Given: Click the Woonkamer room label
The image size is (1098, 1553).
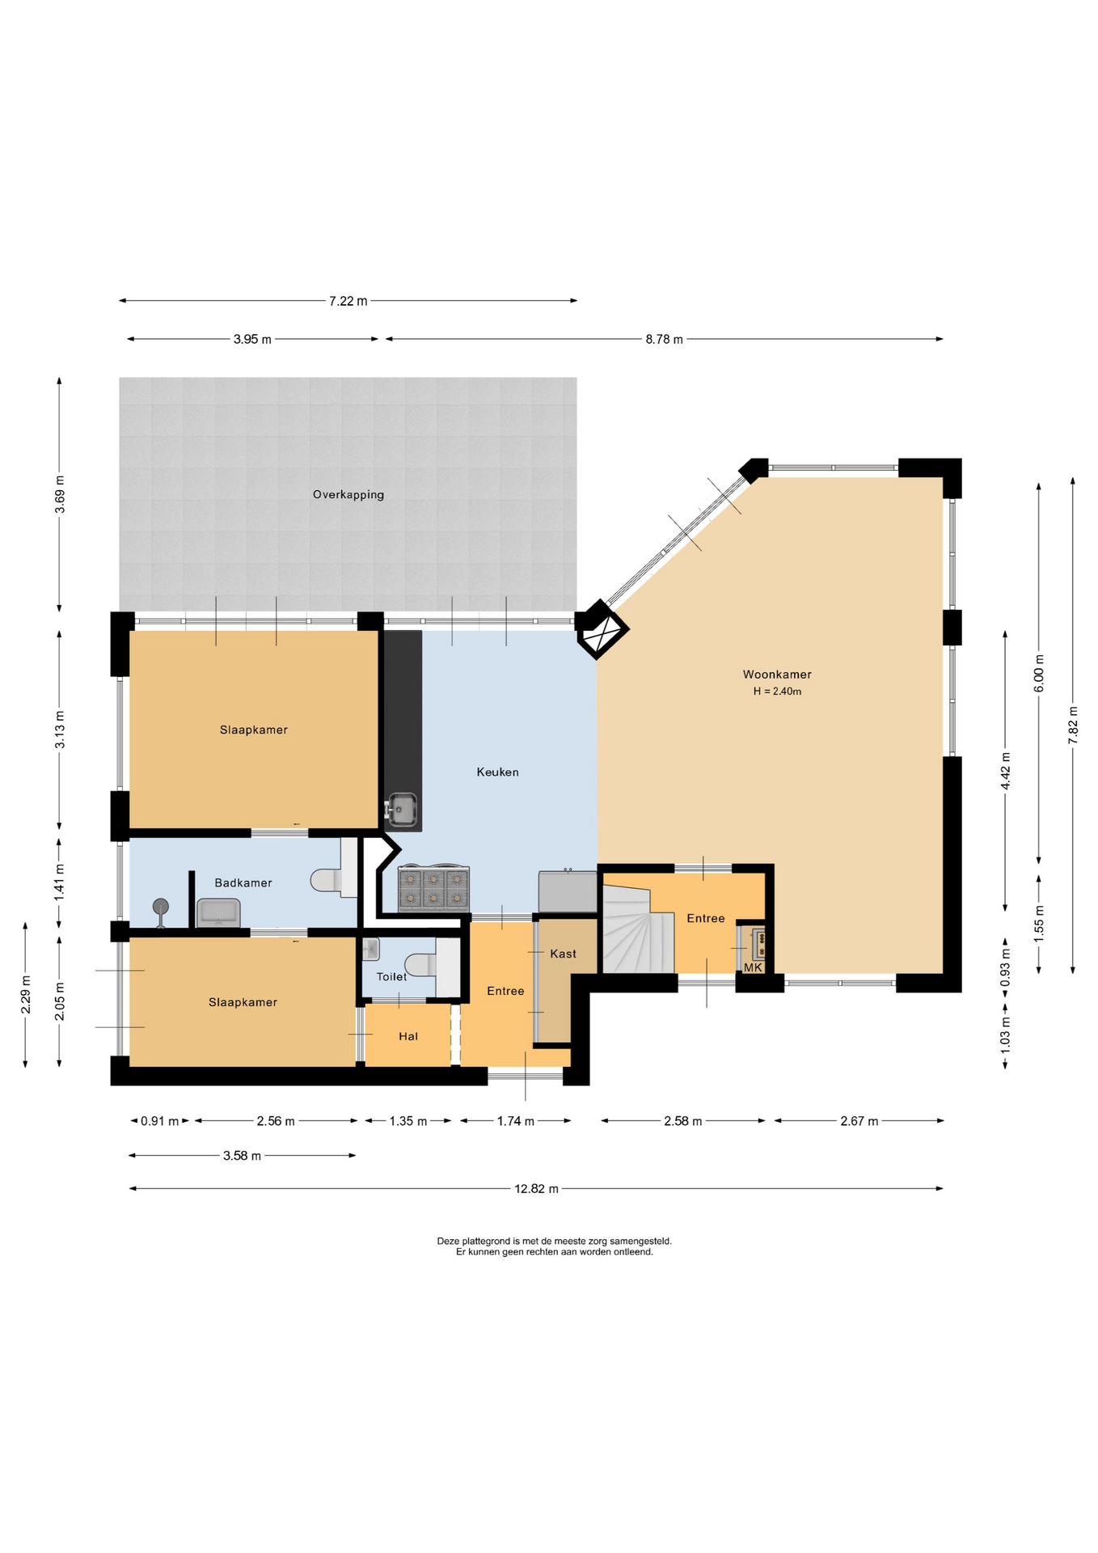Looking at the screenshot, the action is click(x=776, y=675).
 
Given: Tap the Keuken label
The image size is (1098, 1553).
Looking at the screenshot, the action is click(x=497, y=772).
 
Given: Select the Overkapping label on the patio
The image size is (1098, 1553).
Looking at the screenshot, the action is click(x=348, y=495).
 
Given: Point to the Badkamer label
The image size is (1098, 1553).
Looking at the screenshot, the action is click(x=243, y=883).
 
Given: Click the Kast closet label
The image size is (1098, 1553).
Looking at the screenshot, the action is click(x=563, y=954).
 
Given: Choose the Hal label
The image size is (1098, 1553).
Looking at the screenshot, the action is click(x=408, y=1037).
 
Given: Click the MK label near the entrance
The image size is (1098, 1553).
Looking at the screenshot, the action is click(x=753, y=967).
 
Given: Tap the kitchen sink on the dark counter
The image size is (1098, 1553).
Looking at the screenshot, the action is click(x=402, y=809).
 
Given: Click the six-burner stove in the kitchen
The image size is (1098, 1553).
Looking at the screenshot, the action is click(x=434, y=889).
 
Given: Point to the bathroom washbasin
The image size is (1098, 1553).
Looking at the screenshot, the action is click(x=218, y=912).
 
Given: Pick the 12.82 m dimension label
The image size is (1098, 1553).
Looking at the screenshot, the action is click(x=536, y=1189).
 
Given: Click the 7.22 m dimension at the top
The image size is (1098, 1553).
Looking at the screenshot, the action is click(x=348, y=302).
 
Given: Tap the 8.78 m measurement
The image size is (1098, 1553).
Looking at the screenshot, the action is click(x=664, y=340).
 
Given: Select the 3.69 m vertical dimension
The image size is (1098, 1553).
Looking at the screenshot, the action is click(x=60, y=495).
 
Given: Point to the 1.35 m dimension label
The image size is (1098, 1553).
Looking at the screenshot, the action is click(x=408, y=1122).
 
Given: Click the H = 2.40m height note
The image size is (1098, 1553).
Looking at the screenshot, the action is click(x=777, y=692).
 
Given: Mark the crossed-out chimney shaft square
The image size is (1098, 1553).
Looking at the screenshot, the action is click(x=602, y=630).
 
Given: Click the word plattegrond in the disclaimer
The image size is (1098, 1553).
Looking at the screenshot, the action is click(x=484, y=1242).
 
